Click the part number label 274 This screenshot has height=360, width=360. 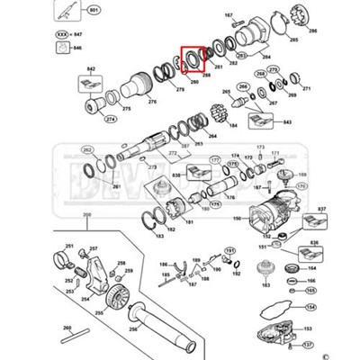[111, 119]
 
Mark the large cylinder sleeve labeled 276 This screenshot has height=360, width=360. [135, 86]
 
